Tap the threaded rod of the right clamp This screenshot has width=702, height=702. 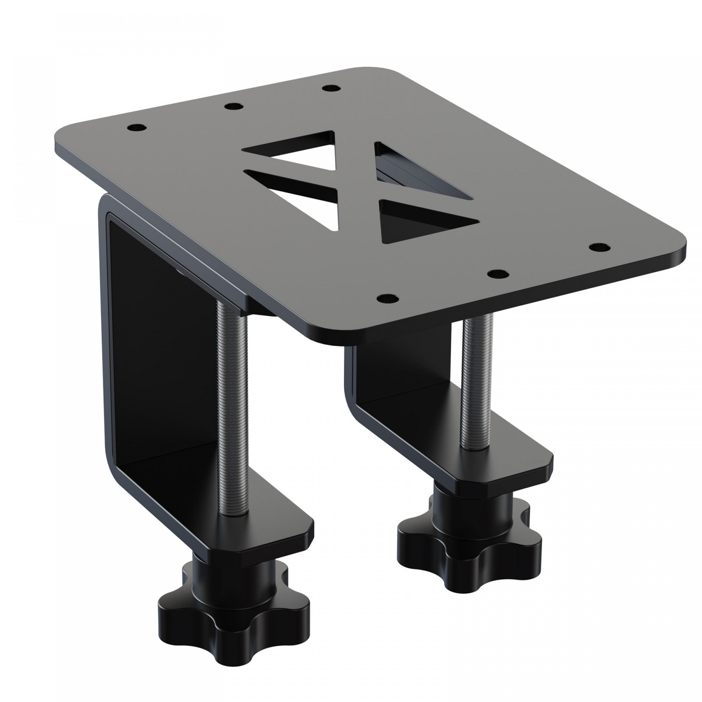(476, 382)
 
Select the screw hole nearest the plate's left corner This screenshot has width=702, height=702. (137, 128)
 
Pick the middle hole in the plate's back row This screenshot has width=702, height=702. (233, 106)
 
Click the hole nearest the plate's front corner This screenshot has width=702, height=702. (387, 299)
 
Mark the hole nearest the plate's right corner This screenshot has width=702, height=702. (599, 247)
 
